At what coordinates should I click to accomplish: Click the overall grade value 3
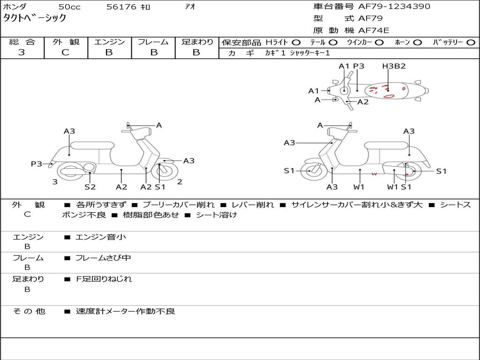22,52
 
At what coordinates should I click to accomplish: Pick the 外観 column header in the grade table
66,42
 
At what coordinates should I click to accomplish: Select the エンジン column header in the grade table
109,42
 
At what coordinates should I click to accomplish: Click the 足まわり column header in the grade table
197,42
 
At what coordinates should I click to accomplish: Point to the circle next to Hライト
296,43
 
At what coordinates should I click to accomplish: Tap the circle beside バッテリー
471,43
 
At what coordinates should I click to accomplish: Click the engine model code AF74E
374,30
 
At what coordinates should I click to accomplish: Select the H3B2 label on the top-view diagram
394,66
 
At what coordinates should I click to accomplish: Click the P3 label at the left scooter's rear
37,164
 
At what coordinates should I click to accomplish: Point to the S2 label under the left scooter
90,187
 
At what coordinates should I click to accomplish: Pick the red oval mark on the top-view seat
389,97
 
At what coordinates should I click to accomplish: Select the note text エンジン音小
101,237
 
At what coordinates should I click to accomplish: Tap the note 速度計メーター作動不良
125,311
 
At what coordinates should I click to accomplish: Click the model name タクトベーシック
35,18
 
